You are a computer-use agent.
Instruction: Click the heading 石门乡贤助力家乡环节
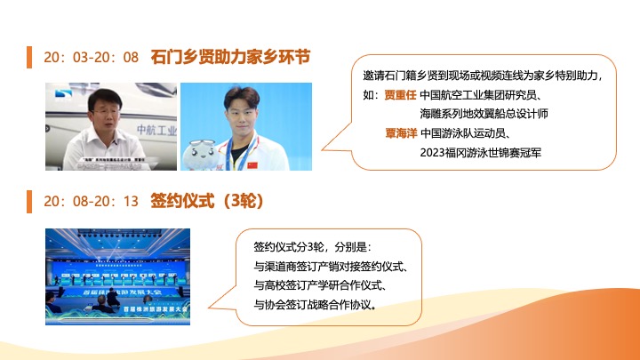[230, 56]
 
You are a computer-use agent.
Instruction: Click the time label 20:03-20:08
[91, 57]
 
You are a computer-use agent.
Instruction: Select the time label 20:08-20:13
[91, 201]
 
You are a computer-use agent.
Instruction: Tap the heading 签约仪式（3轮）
[208, 200]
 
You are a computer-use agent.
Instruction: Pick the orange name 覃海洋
[399, 133]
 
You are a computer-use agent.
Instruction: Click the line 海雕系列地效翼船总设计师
[496, 113]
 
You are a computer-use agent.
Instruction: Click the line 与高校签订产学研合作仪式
[324, 285]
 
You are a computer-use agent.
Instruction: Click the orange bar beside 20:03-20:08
[30, 57]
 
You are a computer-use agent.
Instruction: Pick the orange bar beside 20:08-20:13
[30, 201]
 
